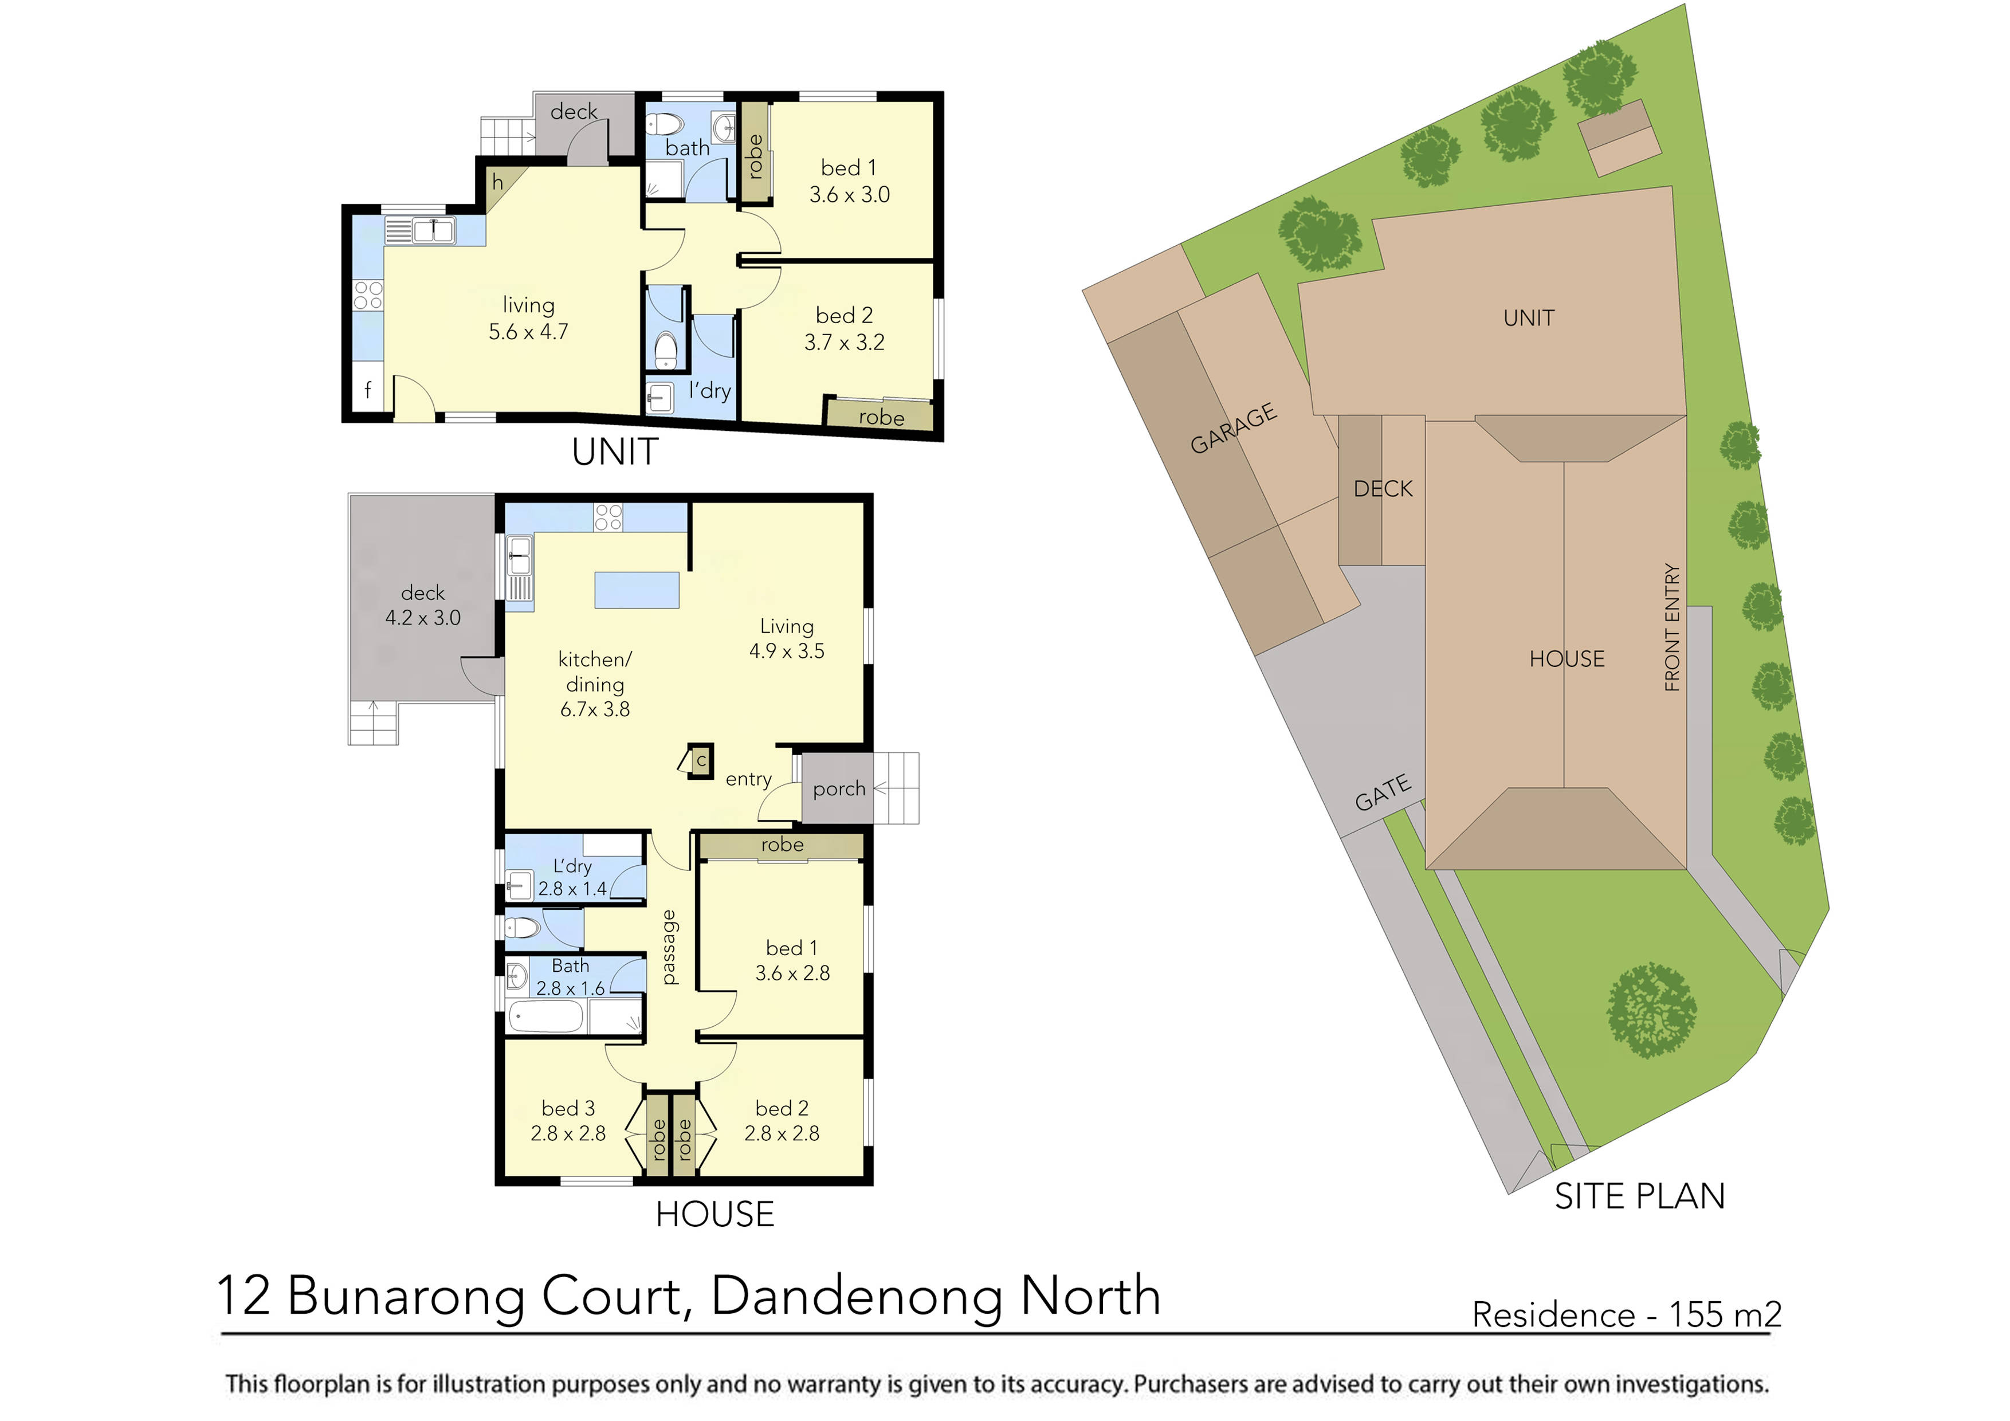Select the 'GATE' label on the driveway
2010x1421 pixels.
[1383, 792]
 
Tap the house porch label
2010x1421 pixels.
[839, 789]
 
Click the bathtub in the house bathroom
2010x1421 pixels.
[546, 1018]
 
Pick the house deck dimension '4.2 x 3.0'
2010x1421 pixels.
[423, 617]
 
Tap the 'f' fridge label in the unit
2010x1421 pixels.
[368, 391]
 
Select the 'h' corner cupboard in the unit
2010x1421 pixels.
[498, 183]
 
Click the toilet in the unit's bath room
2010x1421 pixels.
[658, 123]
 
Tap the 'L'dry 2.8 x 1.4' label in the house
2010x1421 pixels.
[572, 877]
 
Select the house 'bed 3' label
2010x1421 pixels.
[568, 1108]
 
